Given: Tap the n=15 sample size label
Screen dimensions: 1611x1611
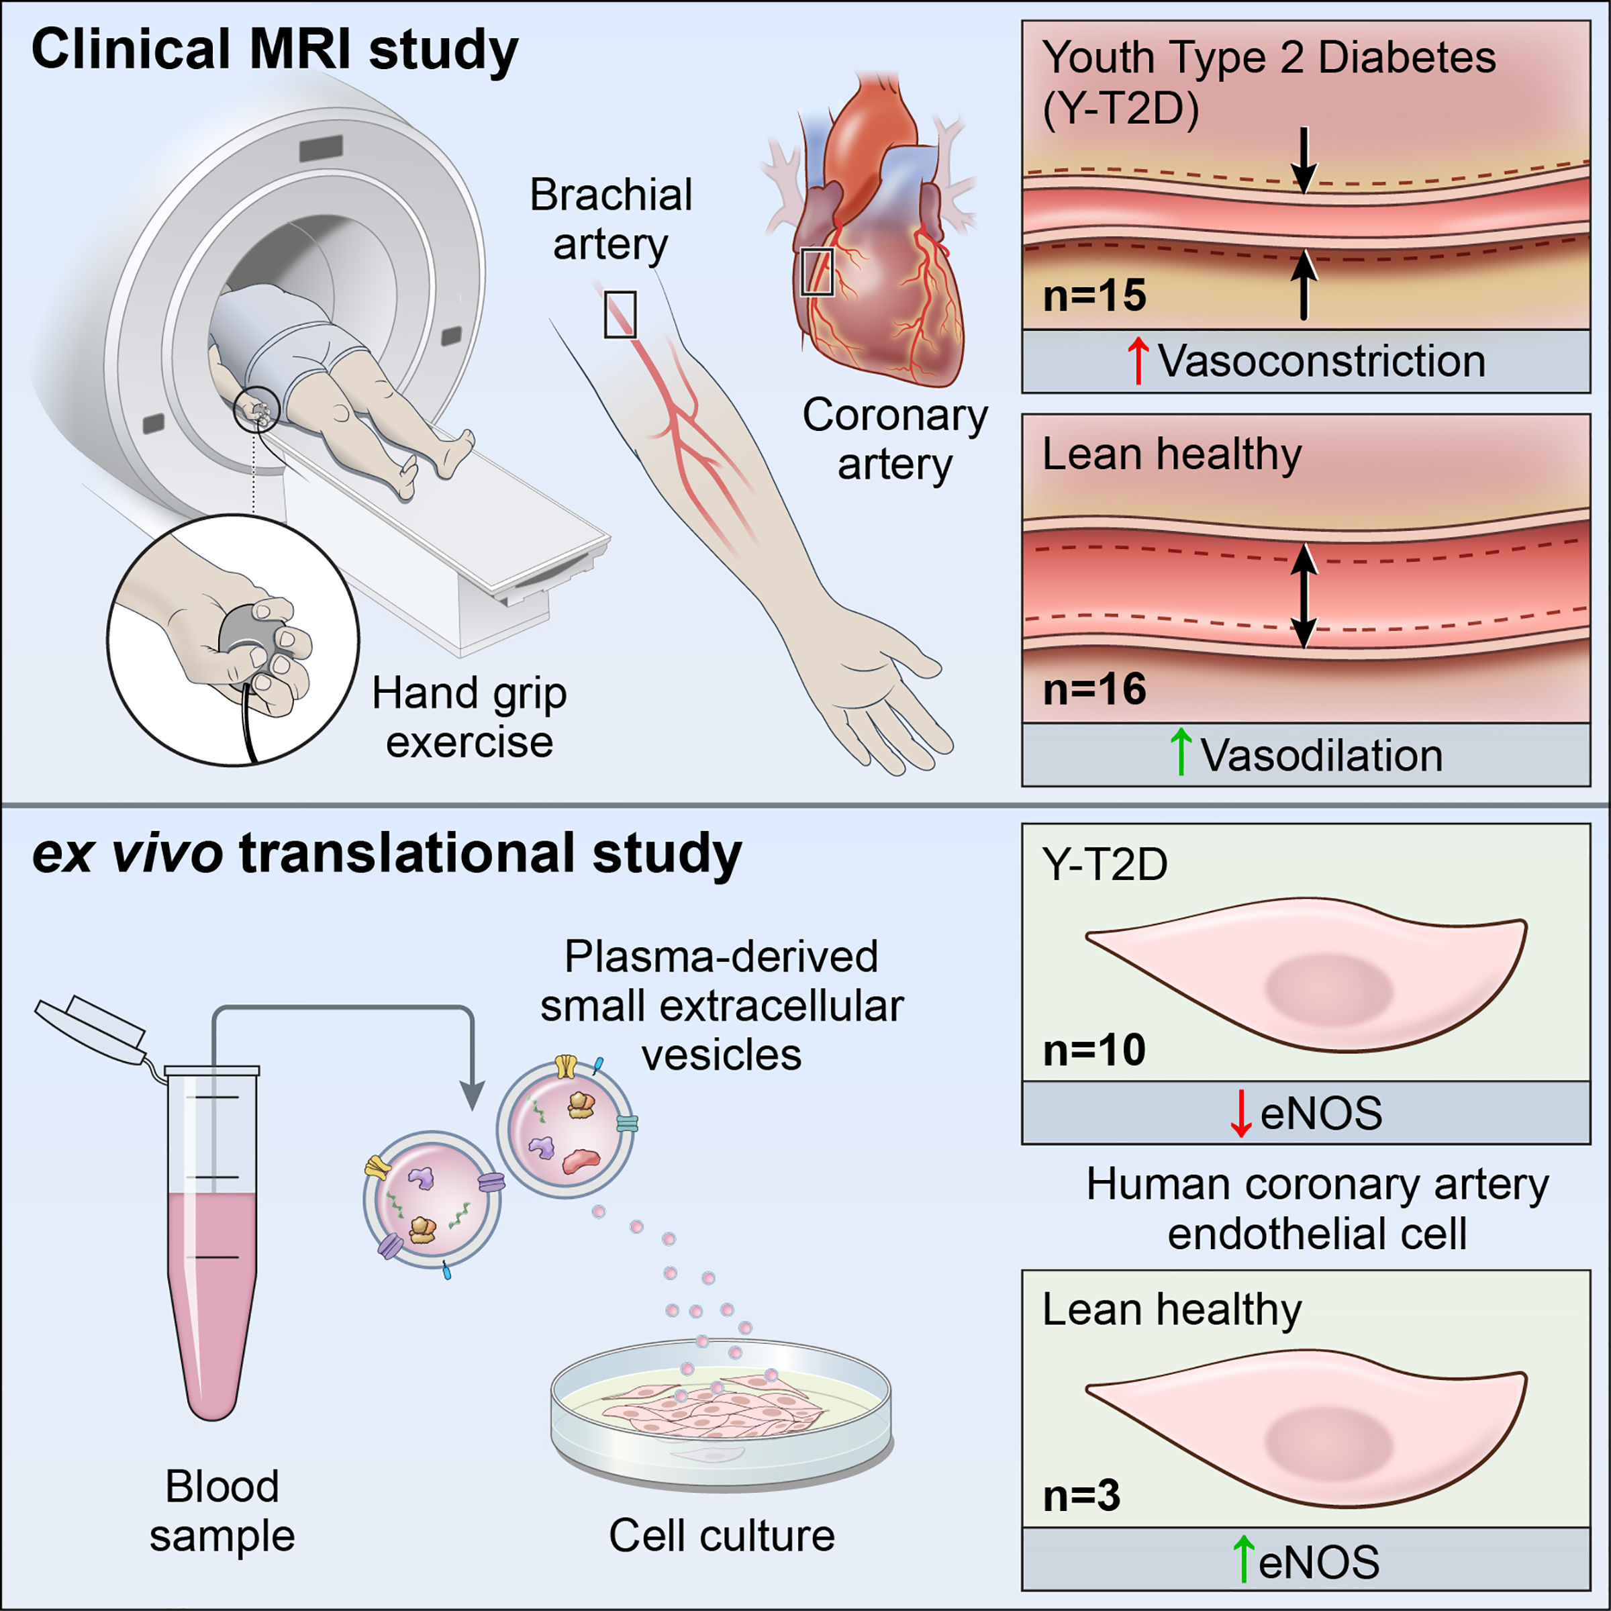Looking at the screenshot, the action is pyautogui.click(x=1094, y=295).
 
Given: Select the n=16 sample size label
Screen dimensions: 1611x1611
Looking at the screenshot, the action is pyautogui.click(x=1094, y=689).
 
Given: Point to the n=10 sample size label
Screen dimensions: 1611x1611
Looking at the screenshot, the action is pyautogui.click(x=1094, y=1049).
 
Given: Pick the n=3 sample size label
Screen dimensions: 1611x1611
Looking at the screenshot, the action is pyautogui.click(x=1081, y=1495).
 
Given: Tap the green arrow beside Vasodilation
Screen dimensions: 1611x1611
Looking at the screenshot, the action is pyautogui.click(x=1181, y=752).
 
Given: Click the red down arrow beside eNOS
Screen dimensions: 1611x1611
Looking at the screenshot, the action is pyautogui.click(x=1240, y=1113).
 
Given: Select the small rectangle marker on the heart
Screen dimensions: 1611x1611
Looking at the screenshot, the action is pyautogui.click(x=817, y=272).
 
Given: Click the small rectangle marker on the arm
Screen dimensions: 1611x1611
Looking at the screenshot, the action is pyautogui.click(x=620, y=314).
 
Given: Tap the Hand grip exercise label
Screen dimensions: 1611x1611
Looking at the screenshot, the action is pyautogui.click(x=469, y=717).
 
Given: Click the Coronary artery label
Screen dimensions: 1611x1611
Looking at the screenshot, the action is pyautogui.click(x=895, y=440).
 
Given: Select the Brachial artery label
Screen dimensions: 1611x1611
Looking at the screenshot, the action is pyautogui.click(x=612, y=219).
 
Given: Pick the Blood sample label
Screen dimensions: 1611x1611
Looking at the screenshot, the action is pyautogui.click(x=222, y=1510).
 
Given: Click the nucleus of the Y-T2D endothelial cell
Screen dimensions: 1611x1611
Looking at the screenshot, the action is pyautogui.click(x=1328, y=991).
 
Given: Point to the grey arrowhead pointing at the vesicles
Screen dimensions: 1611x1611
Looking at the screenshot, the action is pyautogui.click(x=473, y=1095).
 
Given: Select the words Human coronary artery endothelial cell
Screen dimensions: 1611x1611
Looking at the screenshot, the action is pyautogui.click(x=1318, y=1208).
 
